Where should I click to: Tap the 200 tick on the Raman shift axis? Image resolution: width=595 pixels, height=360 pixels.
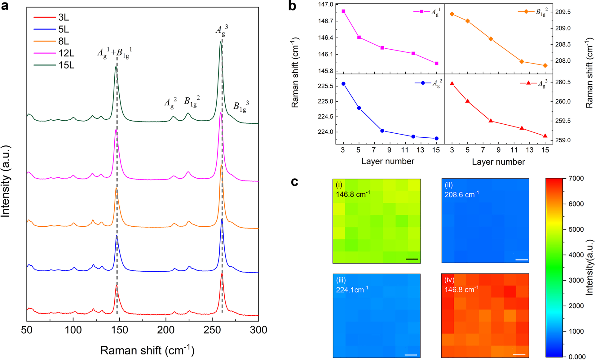pyautogui.click(x=166, y=330)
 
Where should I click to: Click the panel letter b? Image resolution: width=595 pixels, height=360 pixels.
pyautogui.click(x=292, y=6)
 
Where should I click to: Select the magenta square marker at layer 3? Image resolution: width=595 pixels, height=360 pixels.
pyautogui.click(x=343, y=11)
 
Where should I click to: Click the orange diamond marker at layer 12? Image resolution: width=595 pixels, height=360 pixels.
pyautogui.click(x=522, y=62)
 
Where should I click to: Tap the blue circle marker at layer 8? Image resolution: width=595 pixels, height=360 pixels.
pyautogui.click(x=382, y=131)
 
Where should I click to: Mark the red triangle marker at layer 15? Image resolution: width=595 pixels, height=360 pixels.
pyautogui.click(x=545, y=136)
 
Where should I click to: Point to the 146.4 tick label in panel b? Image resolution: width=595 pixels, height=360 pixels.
pyautogui.click(x=325, y=38)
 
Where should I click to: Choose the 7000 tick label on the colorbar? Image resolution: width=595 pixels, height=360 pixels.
pyautogui.click(x=576, y=179)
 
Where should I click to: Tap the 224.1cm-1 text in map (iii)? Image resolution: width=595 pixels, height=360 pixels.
pyautogui.click(x=352, y=290)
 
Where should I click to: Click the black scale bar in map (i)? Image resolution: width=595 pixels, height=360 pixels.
pyautogui.click(x=412, y=259)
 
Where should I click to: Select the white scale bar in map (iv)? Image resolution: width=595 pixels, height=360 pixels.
pyautogui.click(x=519, y=354)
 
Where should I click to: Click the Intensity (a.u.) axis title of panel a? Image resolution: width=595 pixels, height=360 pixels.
pyautogui.click(x=6, y=181)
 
